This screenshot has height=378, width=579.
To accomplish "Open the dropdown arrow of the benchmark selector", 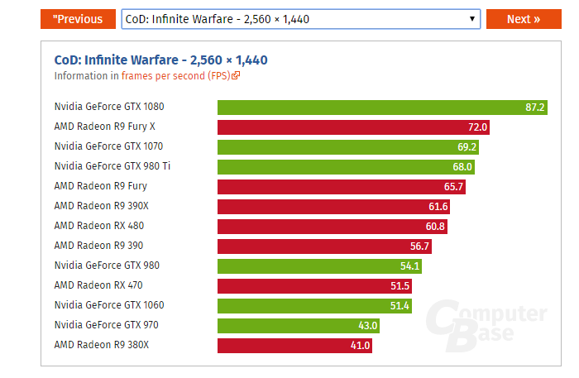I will click(471, 19).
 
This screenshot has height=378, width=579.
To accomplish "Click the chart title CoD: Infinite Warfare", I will click(160, 60).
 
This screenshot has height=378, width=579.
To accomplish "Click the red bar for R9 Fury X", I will click(354, 127).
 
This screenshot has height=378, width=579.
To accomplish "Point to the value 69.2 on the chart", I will click(467, 147).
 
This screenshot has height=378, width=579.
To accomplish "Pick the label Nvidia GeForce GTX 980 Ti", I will click(112, 166).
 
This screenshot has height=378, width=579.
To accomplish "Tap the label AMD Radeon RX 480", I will click(99, 226).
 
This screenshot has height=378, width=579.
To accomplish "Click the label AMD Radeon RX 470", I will click(99, 285).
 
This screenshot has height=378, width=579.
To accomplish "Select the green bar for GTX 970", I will click(299, 326).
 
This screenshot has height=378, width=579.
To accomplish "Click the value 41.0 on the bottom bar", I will click(360, 346).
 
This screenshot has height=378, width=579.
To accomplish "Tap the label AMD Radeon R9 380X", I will click(102, 345).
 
